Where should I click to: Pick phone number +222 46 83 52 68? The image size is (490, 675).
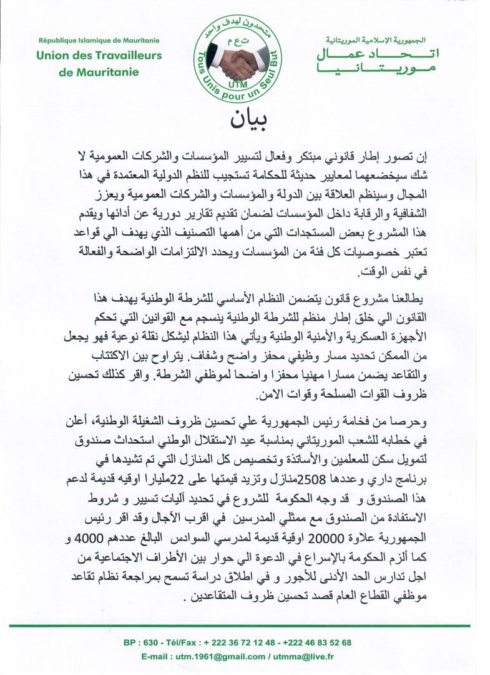click(316, 642)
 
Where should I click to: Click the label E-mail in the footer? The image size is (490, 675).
click(157, 657)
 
